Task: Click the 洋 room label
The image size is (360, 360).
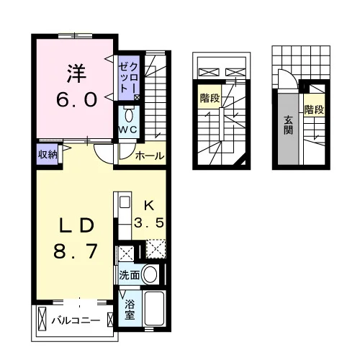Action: [x=76, y=73]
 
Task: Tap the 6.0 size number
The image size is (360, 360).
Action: [x=77, y=100]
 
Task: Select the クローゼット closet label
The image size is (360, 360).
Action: [x=129, y=78]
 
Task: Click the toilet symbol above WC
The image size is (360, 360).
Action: [x=129, y=116]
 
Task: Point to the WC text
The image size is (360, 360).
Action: [x=128, y=130]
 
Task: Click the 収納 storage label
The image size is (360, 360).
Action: [x=48, y=155]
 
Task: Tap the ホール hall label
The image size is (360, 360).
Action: [x=150, y=156]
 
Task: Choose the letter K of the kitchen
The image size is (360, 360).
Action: [x=149, y=206]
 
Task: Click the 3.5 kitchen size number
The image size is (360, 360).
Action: [x=149, y=222]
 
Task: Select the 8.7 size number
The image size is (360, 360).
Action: [x=76, y=251]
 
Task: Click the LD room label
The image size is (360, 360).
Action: [x=76, y=225]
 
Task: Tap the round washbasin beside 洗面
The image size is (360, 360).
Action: [x=150, y=274]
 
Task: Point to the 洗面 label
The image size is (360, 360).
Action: [x=130, y=275]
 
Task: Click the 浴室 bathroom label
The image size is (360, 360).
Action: [x=130, y=310]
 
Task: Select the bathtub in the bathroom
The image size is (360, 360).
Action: [x=154, y=309]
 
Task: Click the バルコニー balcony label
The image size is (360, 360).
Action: [x=76, y=320]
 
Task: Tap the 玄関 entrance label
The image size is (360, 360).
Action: [x=288, y=125]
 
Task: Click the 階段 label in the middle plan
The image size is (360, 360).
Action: [x=210, y=98]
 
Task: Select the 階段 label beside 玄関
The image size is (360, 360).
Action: [x=314, y=110]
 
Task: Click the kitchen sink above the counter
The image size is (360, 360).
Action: [x=125, y=202]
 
